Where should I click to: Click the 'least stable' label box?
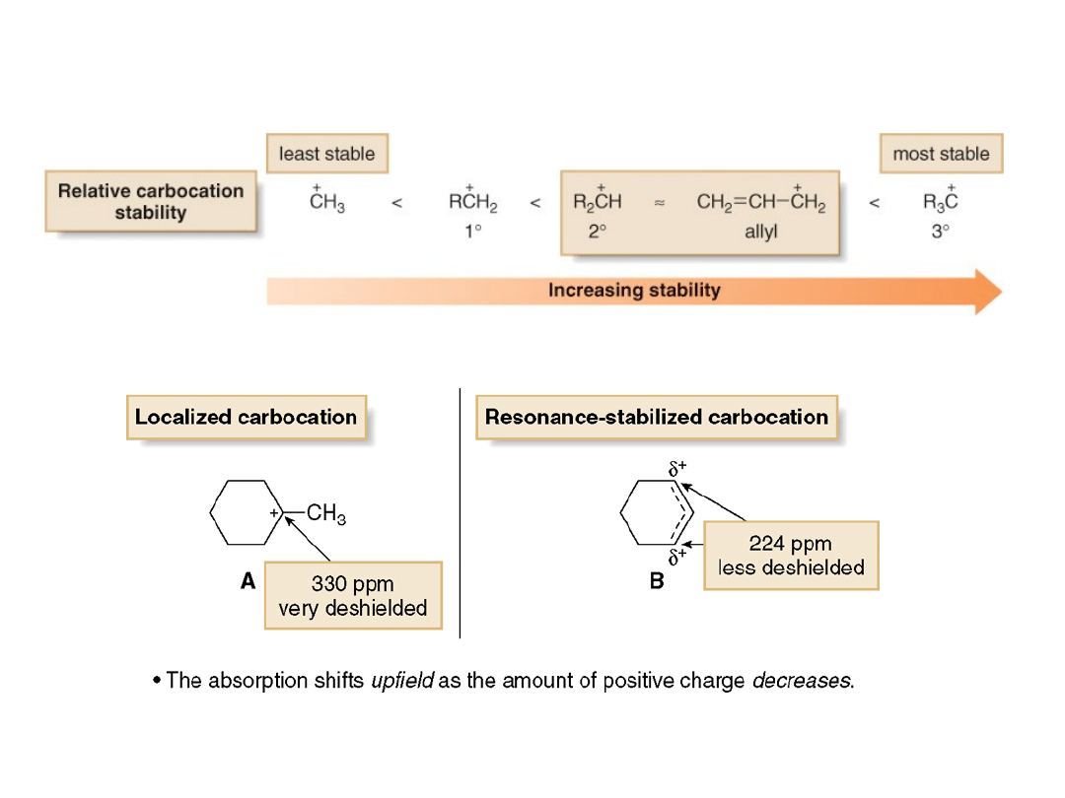[x=326, y=154]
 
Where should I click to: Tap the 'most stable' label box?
[x=940, y=154]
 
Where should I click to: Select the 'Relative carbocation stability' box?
[x=150, y=202]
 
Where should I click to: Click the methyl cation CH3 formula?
[x=326, y=202]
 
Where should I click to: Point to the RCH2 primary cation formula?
[x=472, y=202]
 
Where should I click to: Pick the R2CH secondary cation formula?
[x=597, y=202]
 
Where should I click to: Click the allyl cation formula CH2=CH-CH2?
[x=760, y=202]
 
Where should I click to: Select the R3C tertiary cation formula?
[x=940, y=202]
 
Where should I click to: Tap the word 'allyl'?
[x=760, y=233]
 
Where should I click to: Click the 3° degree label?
[x=940, y=233]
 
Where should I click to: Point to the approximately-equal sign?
[x=660, y=203]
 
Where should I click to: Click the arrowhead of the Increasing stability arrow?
[x=987, y=291]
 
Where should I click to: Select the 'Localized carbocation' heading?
[x=246, y=417]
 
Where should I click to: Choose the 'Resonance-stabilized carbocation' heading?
[x=656, y=417]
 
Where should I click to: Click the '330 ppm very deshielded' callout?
[x=352, y=595]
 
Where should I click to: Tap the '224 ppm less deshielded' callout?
[x=790, y=556]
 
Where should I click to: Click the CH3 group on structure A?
[x=326, y=513]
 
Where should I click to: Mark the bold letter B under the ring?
[x=657, y=581]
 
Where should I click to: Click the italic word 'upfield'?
[x=401, y=680]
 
